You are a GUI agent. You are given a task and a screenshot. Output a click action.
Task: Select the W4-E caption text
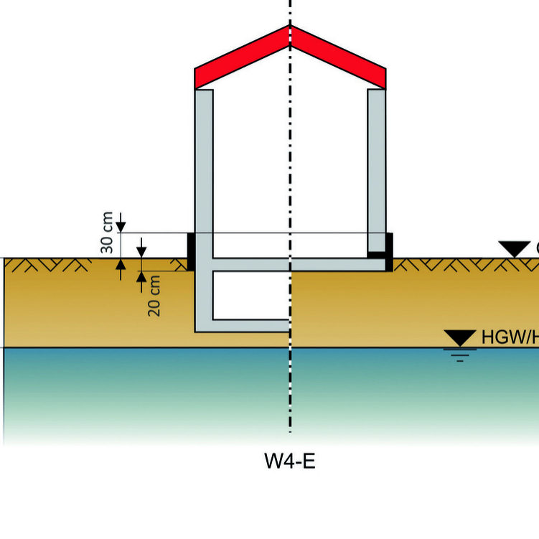tap(290, 461)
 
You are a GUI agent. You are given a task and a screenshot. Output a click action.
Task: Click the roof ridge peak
tap(290, 27)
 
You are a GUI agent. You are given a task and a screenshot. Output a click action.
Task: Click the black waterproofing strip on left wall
tap(192, 251)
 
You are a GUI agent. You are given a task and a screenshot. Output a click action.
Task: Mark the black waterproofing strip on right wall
tap(388, 251)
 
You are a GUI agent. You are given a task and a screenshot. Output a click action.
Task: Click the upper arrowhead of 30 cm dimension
tap(121, 226)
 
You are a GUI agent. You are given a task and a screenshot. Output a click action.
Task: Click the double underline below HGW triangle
tap(460, 355)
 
